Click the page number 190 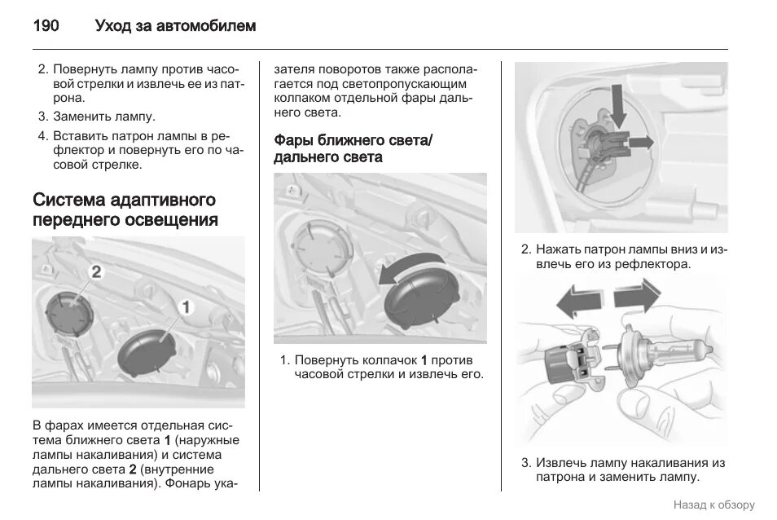coord(46,26)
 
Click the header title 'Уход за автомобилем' coord(175,26)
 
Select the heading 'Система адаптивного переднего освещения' coord(125,209)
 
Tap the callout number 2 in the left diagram coord(95,271)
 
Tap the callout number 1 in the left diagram coord(185,306)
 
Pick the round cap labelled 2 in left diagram coord(67,310)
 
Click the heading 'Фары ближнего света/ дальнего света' coord(353,148)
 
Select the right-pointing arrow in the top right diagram coord(641,142)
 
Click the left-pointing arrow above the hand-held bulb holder coord(581,301)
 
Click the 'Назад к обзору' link coord(713,505)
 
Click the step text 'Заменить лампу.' coord(103,117)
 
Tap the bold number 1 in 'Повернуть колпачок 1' coord(424,359)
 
